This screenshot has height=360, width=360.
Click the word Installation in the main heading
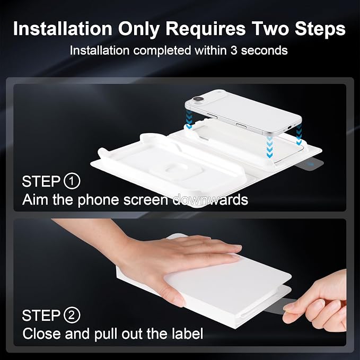63,29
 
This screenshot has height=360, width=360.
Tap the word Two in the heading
270,29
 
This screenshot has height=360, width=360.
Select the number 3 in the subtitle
233,50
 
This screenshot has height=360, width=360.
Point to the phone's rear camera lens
198,99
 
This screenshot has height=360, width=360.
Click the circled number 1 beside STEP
72,181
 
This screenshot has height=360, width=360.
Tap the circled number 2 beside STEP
72,315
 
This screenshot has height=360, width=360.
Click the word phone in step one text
99,200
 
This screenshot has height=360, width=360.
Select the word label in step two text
188,333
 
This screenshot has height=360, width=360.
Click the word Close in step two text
42,333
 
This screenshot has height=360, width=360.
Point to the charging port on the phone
289,127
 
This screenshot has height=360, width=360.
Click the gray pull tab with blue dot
310,164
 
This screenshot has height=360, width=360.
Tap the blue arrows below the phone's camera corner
189,119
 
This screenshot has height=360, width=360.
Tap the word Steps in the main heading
320,29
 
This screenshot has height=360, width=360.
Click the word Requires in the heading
206,29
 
